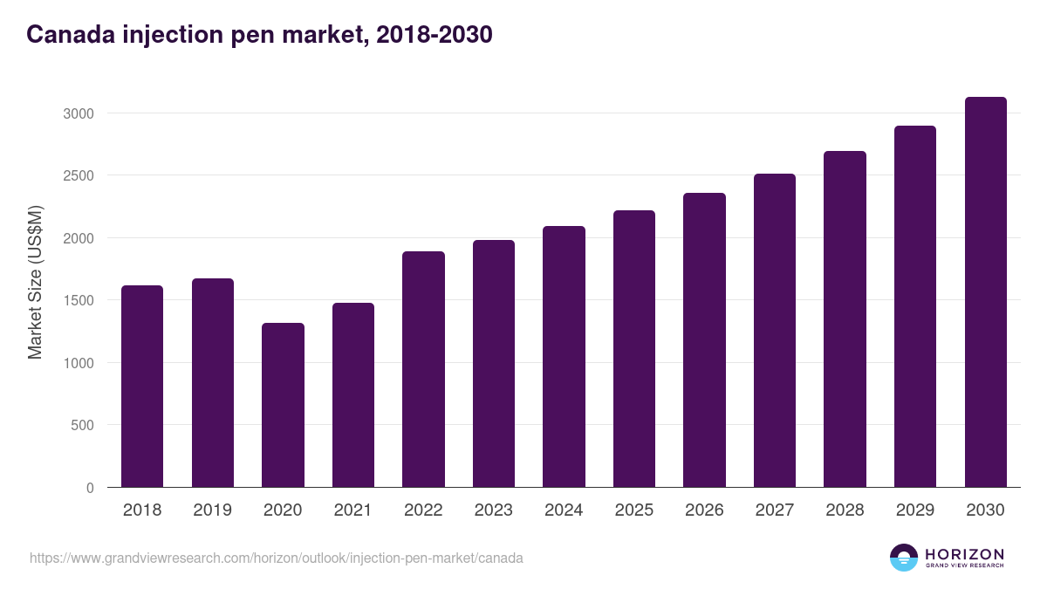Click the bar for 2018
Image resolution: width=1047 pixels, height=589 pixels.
click(142, 386)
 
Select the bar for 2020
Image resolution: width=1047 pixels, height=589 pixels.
click(283, 405)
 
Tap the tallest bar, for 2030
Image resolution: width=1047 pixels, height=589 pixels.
click(985, 292)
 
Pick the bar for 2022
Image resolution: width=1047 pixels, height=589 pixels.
click(423, 369)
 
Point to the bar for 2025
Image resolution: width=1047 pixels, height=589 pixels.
click(634, 349)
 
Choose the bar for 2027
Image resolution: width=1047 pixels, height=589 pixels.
click(775, 331)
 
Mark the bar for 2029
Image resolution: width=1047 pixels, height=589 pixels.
click(915, 306)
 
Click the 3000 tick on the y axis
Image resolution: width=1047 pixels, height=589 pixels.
click(78, 113)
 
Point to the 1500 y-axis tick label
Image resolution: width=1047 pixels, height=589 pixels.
click(78, 301)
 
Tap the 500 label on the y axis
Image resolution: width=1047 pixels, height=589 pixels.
click(83, 426)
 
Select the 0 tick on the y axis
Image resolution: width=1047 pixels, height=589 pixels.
click(90, 488)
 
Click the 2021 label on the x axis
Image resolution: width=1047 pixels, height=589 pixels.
click(353, 510)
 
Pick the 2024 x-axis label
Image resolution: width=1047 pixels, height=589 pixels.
click(564, 510)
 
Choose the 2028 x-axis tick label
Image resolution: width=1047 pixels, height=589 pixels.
click(845, 510)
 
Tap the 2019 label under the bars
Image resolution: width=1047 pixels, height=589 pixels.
click(212, 510)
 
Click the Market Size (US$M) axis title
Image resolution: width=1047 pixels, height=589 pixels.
click(35, 281)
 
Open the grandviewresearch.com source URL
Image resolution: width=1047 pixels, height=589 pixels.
click(277, 558)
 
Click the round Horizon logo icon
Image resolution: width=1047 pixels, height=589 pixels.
click(904, 558)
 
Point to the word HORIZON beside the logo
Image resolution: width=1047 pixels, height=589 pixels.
click(964, 553)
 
